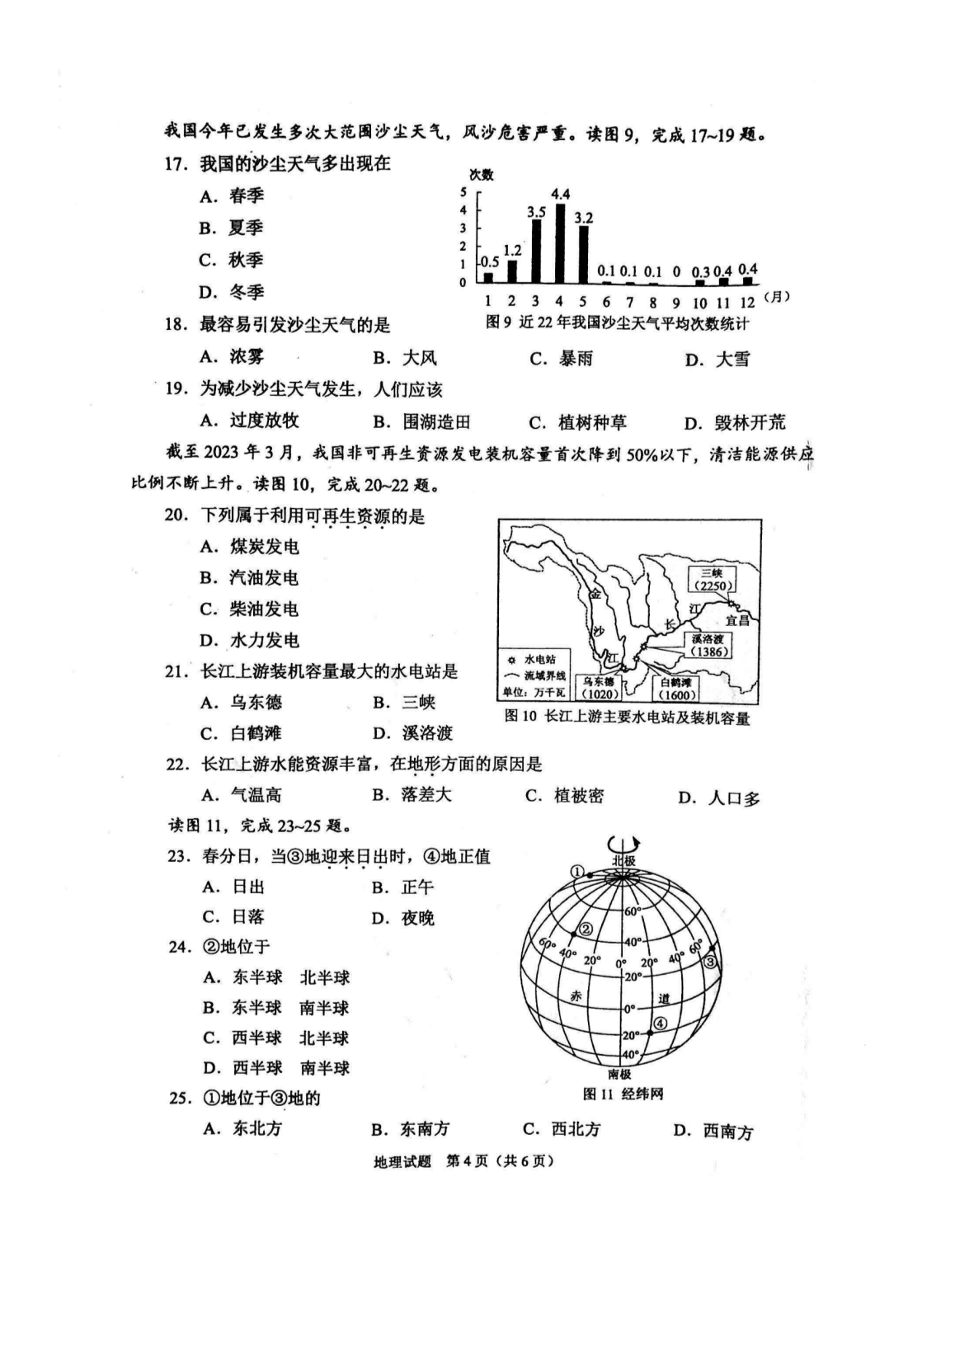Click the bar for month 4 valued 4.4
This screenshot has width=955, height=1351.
[560, 242]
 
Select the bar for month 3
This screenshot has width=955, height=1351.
[536, 251]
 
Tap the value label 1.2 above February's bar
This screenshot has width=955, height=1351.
[512, 251]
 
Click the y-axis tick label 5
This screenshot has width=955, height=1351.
[463, 192]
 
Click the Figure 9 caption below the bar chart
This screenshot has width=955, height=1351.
[617, 324]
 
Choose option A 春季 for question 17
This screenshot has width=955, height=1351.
[232, 196]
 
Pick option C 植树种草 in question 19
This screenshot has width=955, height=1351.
[578, 422]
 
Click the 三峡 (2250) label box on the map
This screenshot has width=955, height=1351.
[712, 579]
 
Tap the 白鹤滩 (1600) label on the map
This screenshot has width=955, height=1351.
[674, 689]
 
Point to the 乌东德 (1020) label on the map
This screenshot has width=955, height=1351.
[598, 689]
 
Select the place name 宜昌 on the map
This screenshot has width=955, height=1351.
[736, 619]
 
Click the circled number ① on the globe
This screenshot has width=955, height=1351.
[578, 872]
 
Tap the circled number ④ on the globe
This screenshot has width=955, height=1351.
[661, 1024]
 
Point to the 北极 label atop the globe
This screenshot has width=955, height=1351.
[623, 860]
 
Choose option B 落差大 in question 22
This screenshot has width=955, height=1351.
[412, 795]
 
